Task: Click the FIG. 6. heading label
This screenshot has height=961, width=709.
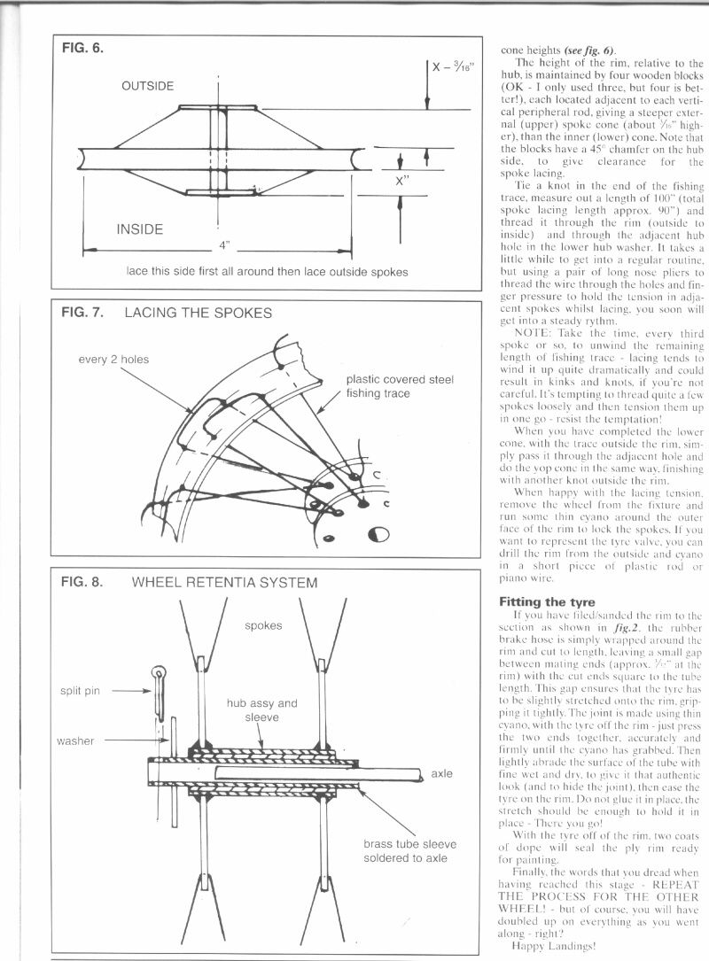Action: (x=83, y=50)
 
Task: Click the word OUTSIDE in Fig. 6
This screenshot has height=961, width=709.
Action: (x=148, y=86)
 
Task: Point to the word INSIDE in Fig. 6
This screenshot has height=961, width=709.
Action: (x=140, y=229)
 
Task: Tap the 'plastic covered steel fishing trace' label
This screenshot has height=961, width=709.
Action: (x=400, y=386)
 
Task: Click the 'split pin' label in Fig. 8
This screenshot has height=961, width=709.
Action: (x=80, y=690)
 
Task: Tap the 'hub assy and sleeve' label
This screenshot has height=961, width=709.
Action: (x=261, y=710)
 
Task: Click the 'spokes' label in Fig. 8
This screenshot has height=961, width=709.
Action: (x=263, y=625)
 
